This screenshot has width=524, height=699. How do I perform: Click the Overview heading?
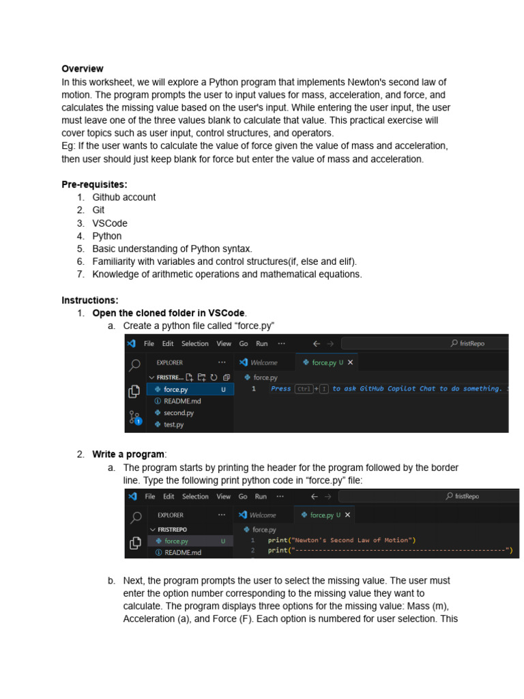pos(83,69)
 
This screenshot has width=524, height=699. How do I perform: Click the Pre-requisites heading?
pos(94,184)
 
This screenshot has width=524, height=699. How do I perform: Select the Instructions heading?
pos(89,300)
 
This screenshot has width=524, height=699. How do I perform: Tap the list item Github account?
pos(123,197)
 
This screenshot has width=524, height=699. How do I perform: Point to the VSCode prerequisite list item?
pos(110,223)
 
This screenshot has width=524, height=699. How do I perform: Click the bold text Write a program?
pos(128,455)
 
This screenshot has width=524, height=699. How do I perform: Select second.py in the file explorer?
pos(178,413)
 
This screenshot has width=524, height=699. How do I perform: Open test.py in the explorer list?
pos(173,425)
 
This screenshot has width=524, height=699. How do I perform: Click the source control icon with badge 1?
pos(135,418)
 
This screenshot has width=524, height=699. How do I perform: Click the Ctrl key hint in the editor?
pos(304,389)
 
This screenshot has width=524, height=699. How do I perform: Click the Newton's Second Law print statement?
pos(342,540)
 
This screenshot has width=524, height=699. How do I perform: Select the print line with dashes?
pos(390,550)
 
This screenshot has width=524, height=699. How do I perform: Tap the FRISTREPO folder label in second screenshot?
pos(172,530)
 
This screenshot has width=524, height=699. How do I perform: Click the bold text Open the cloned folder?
pos(169,313)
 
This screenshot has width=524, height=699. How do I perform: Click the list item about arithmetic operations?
pos(227,274)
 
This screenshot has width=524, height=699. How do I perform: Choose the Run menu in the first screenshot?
pos(262,344)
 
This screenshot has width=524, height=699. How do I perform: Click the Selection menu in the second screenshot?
pos(195,497)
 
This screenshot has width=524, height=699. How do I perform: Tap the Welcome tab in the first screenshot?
pos(263,363)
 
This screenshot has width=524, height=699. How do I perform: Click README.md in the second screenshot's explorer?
pos(182,553)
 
